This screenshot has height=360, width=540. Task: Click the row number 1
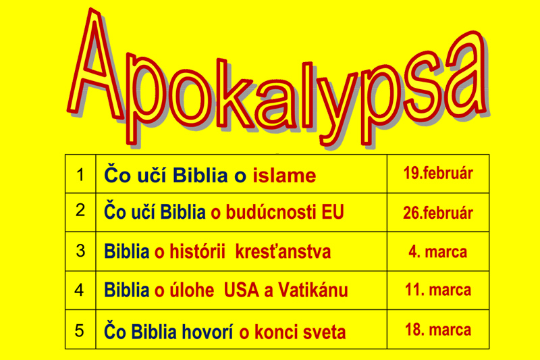coord(80,174)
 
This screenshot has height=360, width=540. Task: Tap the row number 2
coord(80,210)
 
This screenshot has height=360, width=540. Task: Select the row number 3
coord(80,251)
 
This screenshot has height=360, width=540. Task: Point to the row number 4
coord(80,290)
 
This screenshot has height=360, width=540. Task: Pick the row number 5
coord(80,330)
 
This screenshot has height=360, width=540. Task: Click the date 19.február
coord(438,173)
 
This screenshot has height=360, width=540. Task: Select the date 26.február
coord(438,213)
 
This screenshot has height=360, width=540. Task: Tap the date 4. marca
coord(438,252)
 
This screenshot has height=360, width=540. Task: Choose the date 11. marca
coord(438,290)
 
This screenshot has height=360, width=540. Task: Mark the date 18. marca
coord(438,330)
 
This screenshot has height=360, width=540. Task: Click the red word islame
coord(284,176)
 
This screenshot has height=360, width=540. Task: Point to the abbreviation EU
coord(333,212)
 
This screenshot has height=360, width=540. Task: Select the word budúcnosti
coord(271,212)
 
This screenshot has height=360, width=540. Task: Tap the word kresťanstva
coord(283,251)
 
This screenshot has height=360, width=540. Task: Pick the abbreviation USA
coord(242,290)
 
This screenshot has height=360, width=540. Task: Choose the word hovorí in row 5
coord(207,332)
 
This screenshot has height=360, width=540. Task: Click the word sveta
coord(324,332)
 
